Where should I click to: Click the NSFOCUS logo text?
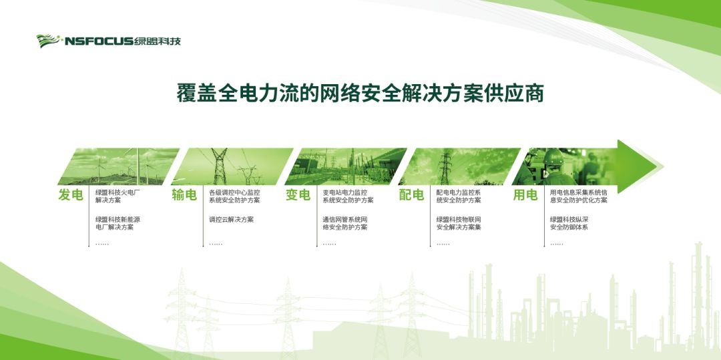[99, 41]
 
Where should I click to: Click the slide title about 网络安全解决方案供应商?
[360, 94]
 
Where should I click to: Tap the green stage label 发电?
[71, 195]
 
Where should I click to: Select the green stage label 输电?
[184, 195]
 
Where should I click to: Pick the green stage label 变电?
[298, 195]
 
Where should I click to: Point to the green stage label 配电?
[411, 195]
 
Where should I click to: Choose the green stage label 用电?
[525, 195]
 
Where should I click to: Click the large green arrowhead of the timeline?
[638, 166]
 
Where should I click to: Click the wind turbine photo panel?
[119, 166]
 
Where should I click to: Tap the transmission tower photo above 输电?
[232, 166]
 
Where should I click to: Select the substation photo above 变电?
[346, 166]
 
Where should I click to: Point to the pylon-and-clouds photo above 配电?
[459, 166]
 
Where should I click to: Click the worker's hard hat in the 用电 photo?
[553, 157]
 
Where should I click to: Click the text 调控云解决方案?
[231, 220]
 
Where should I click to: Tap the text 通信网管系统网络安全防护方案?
[345, 224]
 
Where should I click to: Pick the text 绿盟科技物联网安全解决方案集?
[459, 224]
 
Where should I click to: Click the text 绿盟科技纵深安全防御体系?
[569, 224]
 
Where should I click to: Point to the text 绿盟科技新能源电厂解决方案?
[117, 224]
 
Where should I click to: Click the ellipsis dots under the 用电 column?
[556, 244]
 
